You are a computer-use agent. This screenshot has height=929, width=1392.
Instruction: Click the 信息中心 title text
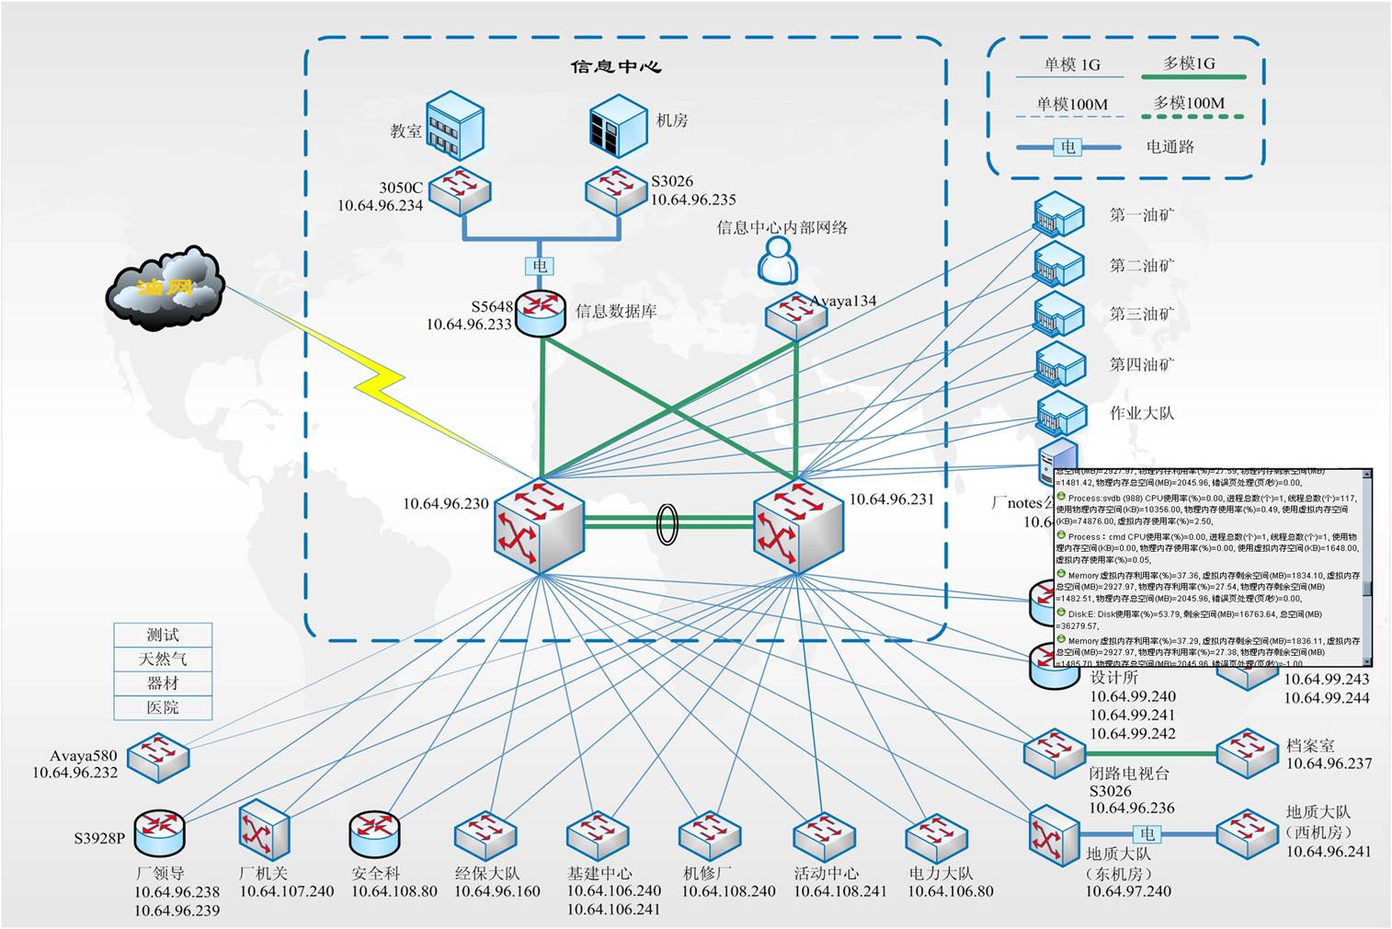[x=616, y=67]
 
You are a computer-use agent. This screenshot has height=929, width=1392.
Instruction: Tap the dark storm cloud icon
[x=165, y=287]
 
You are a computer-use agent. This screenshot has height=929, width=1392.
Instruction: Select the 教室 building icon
[x=454, y=125]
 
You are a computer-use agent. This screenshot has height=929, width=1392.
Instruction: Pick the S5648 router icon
[x=540, y=314]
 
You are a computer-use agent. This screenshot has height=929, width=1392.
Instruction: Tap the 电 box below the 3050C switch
[x=540, y=266]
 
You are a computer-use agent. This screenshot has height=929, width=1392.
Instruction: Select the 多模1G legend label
[x=1189, y=63]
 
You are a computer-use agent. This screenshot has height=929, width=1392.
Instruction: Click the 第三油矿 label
[x=1142, y=314]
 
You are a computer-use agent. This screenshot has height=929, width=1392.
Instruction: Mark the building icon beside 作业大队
[x=1060, y=413]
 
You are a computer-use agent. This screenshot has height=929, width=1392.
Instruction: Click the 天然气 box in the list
[x=163, y=659]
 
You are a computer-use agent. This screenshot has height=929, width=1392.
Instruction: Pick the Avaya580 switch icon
[x=158, y=756]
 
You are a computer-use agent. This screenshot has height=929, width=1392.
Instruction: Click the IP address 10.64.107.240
[x=287, y=891]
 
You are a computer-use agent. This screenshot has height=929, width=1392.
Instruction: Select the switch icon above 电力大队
[x=938, y=837]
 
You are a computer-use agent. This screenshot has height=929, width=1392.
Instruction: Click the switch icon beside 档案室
[x=1247, y=753]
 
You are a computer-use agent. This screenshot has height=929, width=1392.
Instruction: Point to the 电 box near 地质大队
[x=1147, y=833]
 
